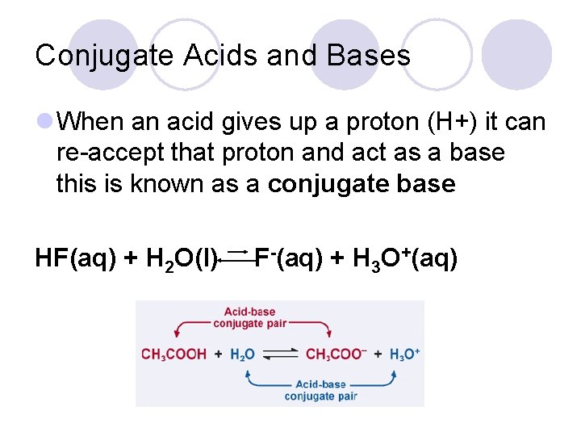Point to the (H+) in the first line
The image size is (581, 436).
[446, 123]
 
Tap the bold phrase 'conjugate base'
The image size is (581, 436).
[362, 184]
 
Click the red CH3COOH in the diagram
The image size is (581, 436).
[173, 354]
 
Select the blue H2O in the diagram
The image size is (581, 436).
[242, 354]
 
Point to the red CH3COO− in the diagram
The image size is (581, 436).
[336, 354]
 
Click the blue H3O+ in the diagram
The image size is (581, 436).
[404, 354]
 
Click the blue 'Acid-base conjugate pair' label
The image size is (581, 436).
[320, 390]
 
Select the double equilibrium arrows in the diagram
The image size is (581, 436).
[279, 354]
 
